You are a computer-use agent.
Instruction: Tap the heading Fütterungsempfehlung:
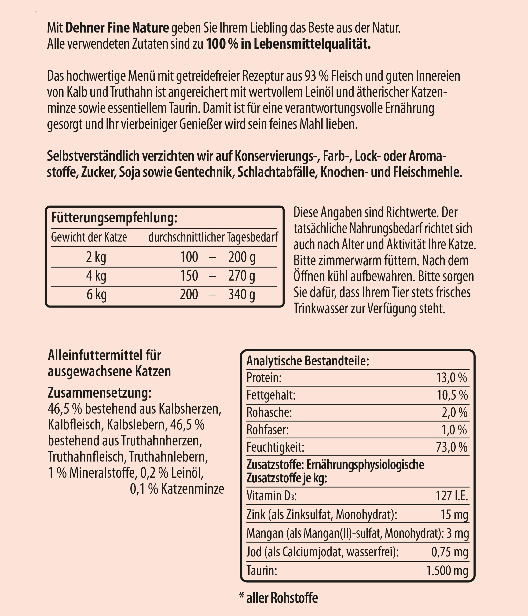pyautogui.click(x=114, y=218)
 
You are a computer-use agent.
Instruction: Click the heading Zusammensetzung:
pyautogui.click(x=100, y=393)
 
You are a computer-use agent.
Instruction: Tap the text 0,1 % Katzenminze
pyautogui.click(x=177, y=489)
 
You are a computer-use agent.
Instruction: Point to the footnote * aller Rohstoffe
pyautogui.click(x=279, y=598)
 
